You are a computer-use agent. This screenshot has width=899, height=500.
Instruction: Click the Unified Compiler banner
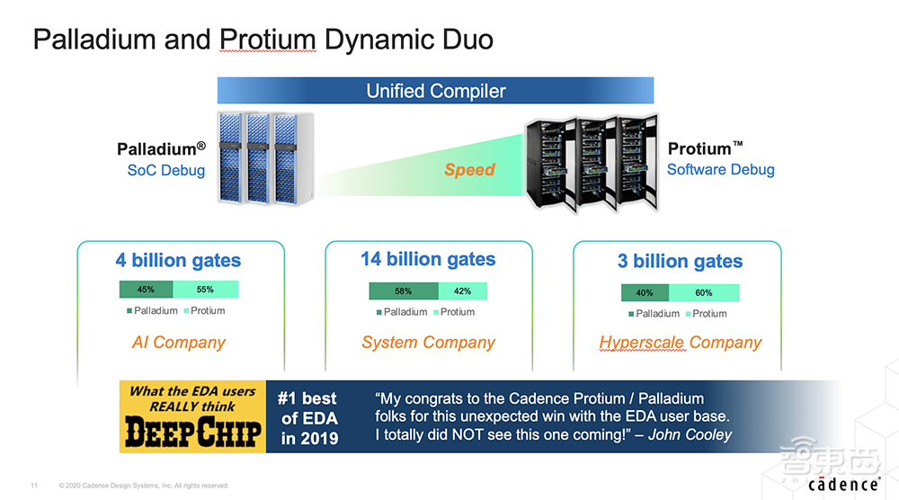point(435,91)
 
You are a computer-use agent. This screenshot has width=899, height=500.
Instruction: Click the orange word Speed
point(469,170)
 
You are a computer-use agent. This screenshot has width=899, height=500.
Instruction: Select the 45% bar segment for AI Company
point(147,290)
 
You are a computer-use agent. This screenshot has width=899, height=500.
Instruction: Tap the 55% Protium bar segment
point(205,290)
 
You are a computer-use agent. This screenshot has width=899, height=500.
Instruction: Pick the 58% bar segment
point(404,291)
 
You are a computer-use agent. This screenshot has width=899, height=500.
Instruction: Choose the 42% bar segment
point(463,291)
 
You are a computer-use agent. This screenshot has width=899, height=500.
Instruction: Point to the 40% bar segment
point(645,293)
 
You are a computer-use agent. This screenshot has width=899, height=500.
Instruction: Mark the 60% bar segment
point(704,293)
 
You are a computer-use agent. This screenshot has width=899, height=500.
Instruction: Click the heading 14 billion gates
point(428,259)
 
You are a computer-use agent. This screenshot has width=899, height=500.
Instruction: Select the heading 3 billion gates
point(680,262)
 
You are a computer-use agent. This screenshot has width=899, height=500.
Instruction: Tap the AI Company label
point(178,343)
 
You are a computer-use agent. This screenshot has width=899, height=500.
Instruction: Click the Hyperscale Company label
point(680,343)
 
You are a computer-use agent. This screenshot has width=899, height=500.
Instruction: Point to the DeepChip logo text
point(193,432)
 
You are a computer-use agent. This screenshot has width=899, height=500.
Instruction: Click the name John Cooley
point(690,434)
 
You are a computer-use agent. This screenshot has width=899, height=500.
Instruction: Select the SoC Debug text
point(165,170)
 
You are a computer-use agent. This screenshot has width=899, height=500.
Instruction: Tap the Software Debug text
point(721,170)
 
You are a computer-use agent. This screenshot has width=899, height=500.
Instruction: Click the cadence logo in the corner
point(843,485)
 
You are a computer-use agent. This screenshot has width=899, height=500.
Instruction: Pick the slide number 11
point(34,486)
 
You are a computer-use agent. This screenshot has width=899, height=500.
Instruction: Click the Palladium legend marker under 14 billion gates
point(379,313)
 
